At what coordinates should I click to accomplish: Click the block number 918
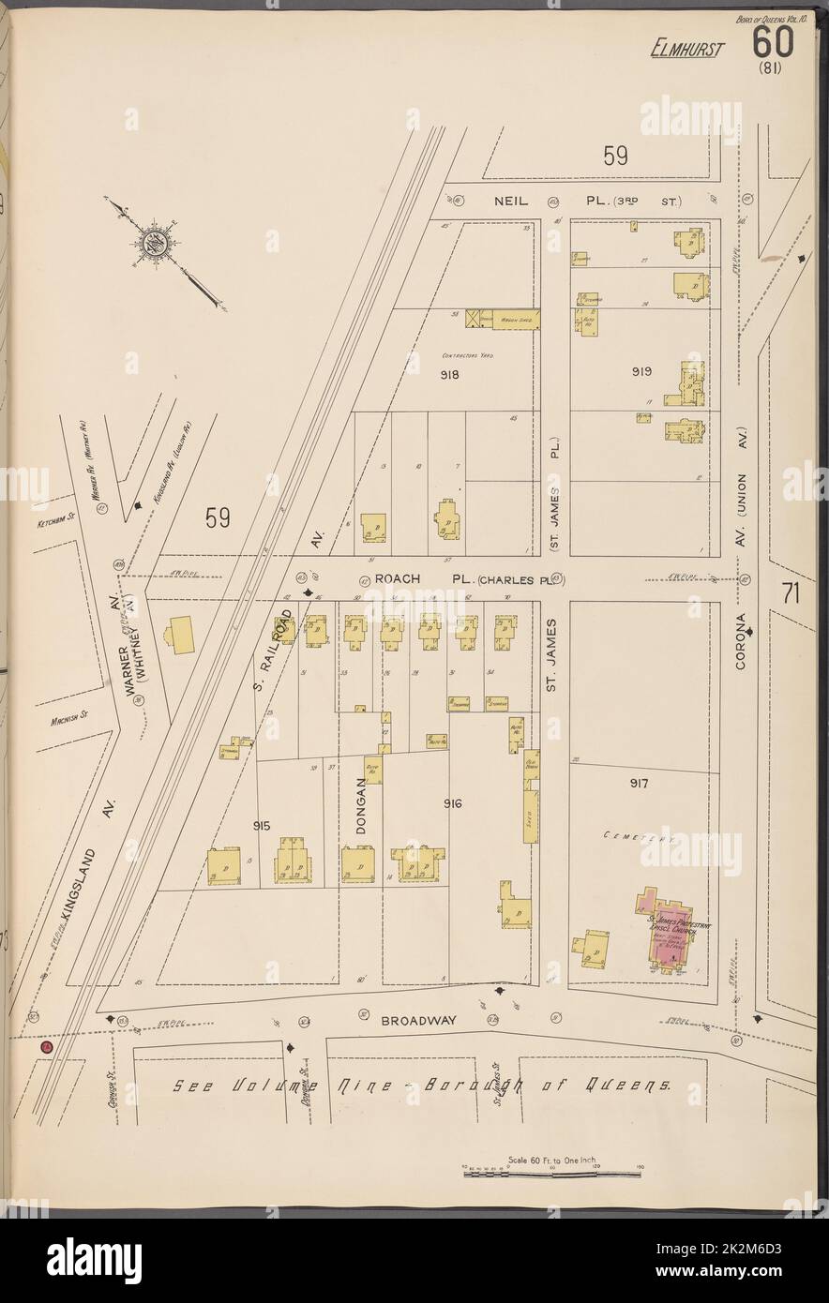(449, 374)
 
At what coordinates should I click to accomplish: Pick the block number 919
(641, 372)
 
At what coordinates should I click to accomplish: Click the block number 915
(262, 824)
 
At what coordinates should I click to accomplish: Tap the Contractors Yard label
(469, 356)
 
